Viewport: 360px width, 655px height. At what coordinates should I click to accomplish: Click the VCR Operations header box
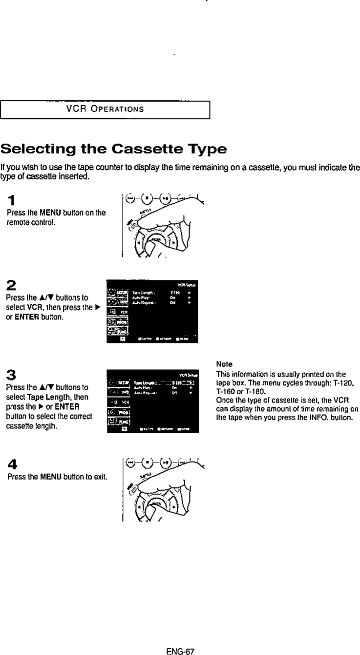(105, 109)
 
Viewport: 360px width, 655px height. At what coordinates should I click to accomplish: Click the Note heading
(222, 364)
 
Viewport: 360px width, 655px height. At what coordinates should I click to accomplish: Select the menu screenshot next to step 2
(151, 312)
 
